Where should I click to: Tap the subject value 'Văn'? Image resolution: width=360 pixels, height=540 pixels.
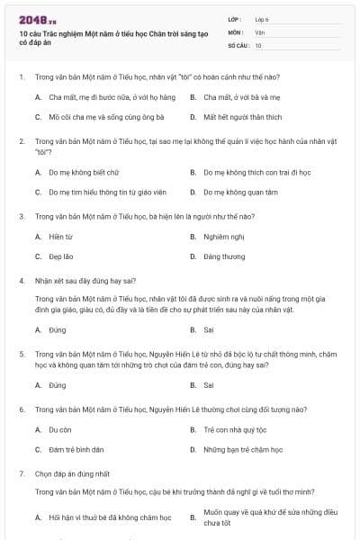pyautogui.click(x=259, y=31)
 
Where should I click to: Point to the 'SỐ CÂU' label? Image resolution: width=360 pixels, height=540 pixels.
pyautogui.click(x=237, y=44)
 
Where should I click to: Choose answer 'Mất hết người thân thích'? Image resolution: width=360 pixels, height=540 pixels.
pyautogui.click(x=242, y=117)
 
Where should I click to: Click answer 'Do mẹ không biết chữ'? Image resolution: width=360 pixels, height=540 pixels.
pyautogui.click(x=84, y=171)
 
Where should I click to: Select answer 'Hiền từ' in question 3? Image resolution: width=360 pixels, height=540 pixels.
pyautogui.click(x=61, y=237)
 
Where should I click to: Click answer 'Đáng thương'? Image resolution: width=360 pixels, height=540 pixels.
pyautogui.click(x=224, y=256)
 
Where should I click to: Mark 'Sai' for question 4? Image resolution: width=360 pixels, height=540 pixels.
pyautogui.click(x=209, y=329)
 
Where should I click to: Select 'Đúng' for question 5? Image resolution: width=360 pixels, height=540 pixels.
pyautogui.click(x=58, y=385)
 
